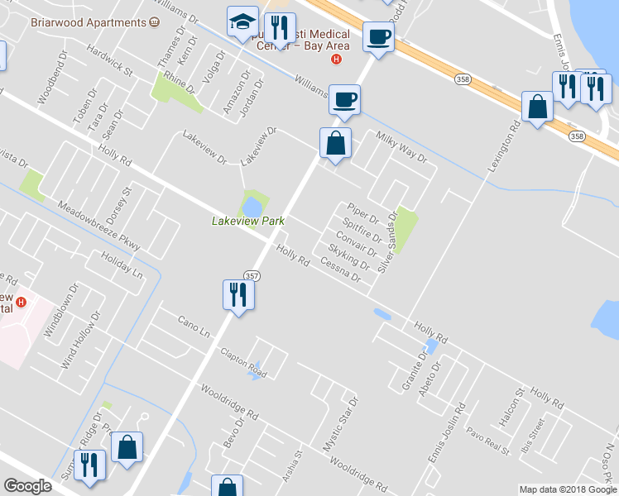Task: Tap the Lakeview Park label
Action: (248, 221)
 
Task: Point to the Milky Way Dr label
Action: (401, 147)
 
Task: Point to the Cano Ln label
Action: (195, 327)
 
